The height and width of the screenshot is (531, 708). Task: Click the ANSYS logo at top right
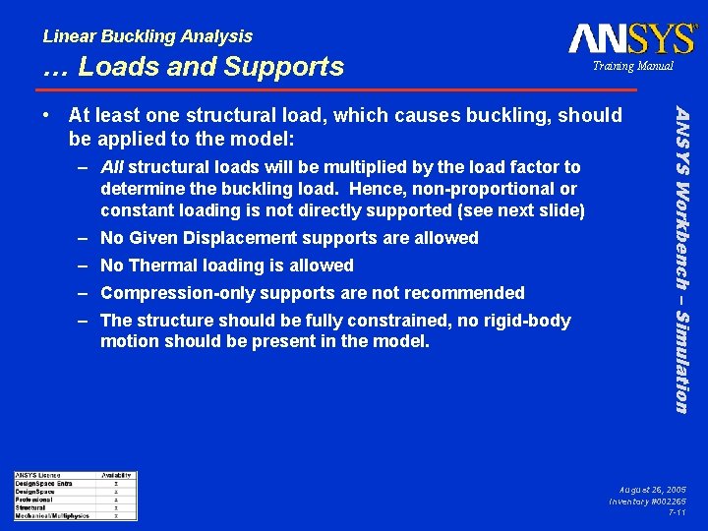632,38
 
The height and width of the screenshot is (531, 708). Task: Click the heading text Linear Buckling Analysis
147,36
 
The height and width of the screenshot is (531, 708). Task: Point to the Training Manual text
632,66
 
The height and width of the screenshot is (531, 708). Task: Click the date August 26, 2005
653,489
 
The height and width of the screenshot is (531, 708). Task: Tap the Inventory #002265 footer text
647,501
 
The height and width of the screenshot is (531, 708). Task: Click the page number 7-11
677,513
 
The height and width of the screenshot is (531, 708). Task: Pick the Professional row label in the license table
35,500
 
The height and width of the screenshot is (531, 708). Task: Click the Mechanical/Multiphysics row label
52,515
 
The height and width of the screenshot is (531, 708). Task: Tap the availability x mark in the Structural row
116,507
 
